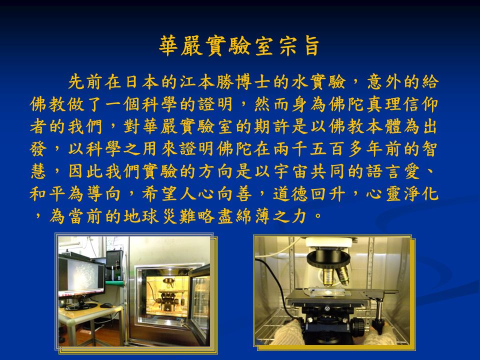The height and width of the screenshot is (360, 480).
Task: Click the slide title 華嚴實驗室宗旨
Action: tap(239, 46)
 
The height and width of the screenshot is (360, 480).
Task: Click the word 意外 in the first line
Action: tap(384, 82)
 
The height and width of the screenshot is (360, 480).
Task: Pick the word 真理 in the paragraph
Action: tap(384, 104)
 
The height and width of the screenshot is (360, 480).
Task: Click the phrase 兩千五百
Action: tap(309, 149)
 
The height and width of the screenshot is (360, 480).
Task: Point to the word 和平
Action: tap(48, 194)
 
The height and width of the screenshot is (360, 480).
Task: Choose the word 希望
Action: tap(160, 194)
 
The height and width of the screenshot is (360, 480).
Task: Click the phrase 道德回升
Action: tap(309, 194)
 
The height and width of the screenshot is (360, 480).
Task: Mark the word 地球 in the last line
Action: tap(141, 216)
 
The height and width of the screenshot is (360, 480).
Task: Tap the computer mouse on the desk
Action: tap(106, 305)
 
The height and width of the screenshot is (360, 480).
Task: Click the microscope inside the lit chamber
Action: tap(168, 295)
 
